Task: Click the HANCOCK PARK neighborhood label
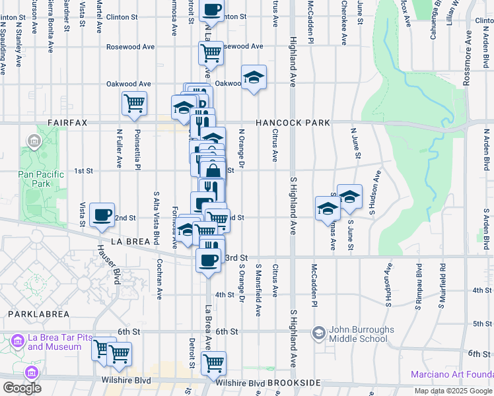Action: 293,123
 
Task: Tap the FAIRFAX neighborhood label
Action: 69,123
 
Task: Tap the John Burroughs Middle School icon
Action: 319,333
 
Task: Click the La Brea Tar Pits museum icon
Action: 17,340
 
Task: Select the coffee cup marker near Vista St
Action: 102,214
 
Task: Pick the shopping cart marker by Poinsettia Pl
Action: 134,103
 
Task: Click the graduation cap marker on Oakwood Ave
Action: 254,77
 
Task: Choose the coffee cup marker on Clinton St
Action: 211,10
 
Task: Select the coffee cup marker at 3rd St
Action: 209,259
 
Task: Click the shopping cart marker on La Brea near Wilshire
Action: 213,362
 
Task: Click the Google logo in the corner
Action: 22,388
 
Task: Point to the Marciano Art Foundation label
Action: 452,375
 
